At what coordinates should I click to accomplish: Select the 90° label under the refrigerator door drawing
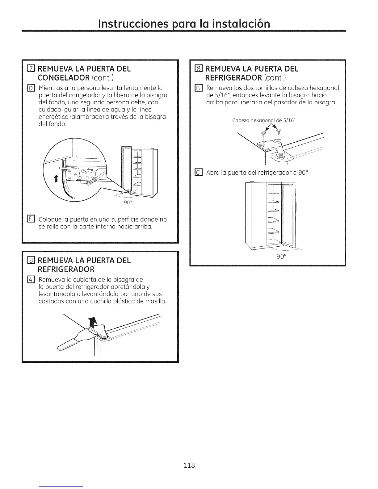[x=280, y=257]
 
